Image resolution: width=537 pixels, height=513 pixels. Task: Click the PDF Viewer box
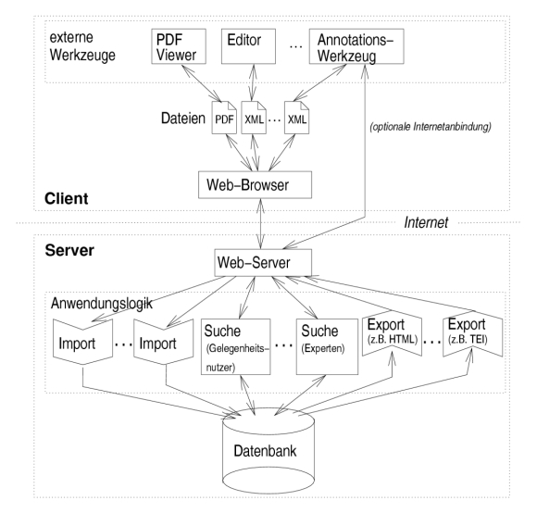[x=179, y=46]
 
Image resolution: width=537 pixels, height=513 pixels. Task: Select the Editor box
[x=248, y=46]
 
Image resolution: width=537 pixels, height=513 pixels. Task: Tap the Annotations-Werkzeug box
[x=356, y=46]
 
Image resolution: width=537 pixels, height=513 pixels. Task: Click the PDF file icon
[x=224, y=118]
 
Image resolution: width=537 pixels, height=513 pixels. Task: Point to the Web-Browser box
[x=255, y=185]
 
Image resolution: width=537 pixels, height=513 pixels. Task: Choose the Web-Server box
[x=263, y=263]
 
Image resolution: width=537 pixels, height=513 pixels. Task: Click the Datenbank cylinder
[x=268, y=451]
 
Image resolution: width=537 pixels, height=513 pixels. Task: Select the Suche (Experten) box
[x=327, y=346]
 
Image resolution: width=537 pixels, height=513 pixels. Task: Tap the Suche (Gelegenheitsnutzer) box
[x=235, y=346]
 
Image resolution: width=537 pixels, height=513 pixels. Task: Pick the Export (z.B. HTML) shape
[x=393, y=332]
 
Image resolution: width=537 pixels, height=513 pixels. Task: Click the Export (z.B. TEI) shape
[x=472, y=332]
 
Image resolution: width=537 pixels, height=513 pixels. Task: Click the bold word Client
[x=67, y=198]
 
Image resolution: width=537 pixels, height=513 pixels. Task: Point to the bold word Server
[x=69, y=250]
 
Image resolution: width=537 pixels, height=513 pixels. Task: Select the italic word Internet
[x=426, y=222]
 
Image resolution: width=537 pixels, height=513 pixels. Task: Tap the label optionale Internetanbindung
[x=431, y=127]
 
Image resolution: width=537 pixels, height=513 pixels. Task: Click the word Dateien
[x=183, y=119]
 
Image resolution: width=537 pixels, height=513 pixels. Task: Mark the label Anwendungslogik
[x=101, y=304]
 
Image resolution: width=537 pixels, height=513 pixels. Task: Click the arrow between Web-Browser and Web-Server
[x=260, y=224]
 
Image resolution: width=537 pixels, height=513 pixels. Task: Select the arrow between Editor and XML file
[x=253, y=82]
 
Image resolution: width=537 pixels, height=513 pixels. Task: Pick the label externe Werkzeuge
[x=82, y=46]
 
